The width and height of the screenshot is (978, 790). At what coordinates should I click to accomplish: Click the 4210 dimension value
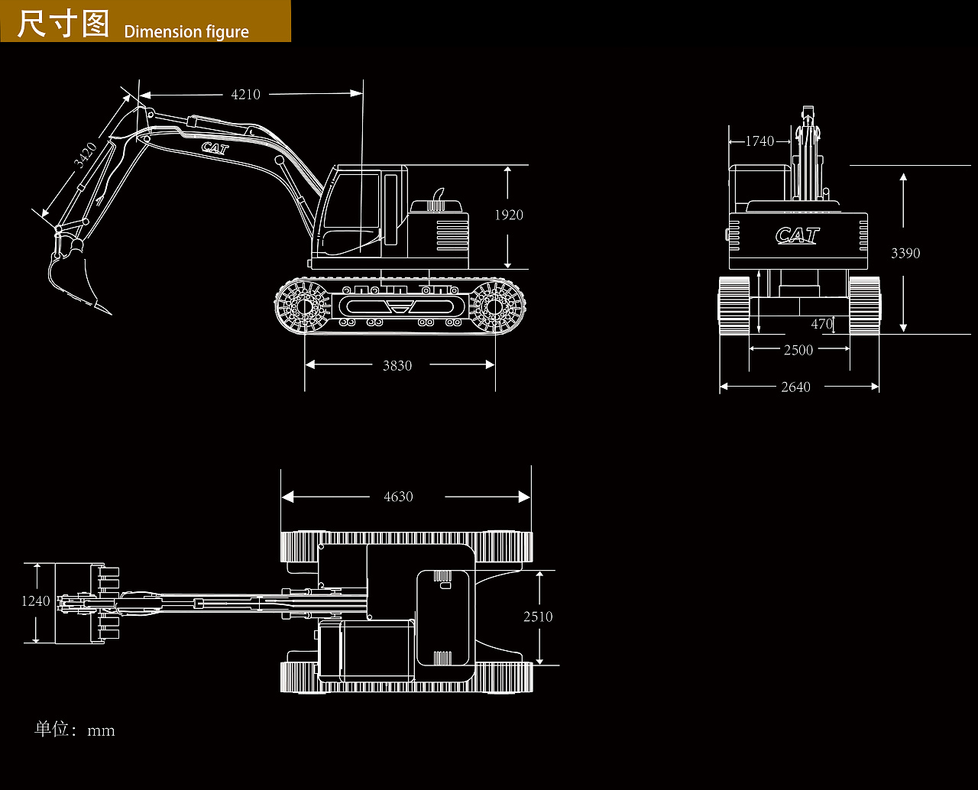click(246, 95)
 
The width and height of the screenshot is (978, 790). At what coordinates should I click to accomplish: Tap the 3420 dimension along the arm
click(86, 155)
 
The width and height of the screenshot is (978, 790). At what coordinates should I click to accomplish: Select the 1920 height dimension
click(509, 215)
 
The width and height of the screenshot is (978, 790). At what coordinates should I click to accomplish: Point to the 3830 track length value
click(397, 365)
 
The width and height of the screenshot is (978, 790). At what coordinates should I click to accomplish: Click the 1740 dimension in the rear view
click(759, 141)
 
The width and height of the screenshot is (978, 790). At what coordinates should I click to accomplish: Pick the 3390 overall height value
click(905, 253)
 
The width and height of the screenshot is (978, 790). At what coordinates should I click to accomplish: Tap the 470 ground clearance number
click(822, 324)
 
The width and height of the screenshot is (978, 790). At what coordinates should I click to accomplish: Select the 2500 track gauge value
click(798, 350)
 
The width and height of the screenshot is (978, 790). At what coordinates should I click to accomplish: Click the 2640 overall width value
click(795, 387)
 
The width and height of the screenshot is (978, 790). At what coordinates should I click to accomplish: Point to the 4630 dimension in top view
click(398, 497)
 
